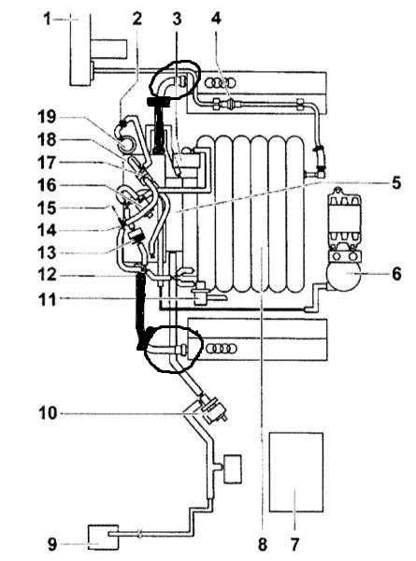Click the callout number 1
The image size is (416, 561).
pos(48,19)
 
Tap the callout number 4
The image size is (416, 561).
pos(216,18)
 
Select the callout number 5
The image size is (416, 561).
pos(396,182)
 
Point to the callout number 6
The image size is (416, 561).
pos(396,274)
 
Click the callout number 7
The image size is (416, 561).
pos(294,544)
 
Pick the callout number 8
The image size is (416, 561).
pos(263,544)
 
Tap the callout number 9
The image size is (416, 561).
pos(52,544)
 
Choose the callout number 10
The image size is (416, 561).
pos(48,413)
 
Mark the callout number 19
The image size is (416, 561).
pos(47,117)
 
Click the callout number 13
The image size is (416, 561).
pos(47,252)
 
